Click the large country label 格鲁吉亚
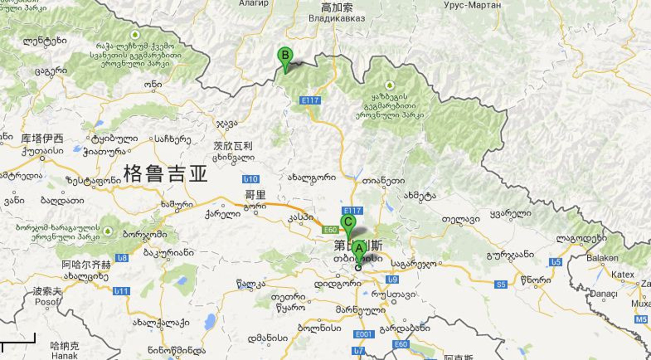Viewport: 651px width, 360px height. point(165,174)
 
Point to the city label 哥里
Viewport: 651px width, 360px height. point(255,195)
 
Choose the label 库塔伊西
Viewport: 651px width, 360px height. point(42,139)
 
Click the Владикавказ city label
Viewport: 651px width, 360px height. point(337,18)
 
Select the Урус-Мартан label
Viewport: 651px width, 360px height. point(472,5)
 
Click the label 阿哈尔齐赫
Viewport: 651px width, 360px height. point(86,265)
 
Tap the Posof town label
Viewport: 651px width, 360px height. point(47,302)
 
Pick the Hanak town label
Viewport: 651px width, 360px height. point(64,355)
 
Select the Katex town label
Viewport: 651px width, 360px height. point(623,275)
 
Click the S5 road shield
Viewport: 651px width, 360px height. point(501,284)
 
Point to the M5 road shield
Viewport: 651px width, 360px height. point(641,319)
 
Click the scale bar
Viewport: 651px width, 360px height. point(18,340)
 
